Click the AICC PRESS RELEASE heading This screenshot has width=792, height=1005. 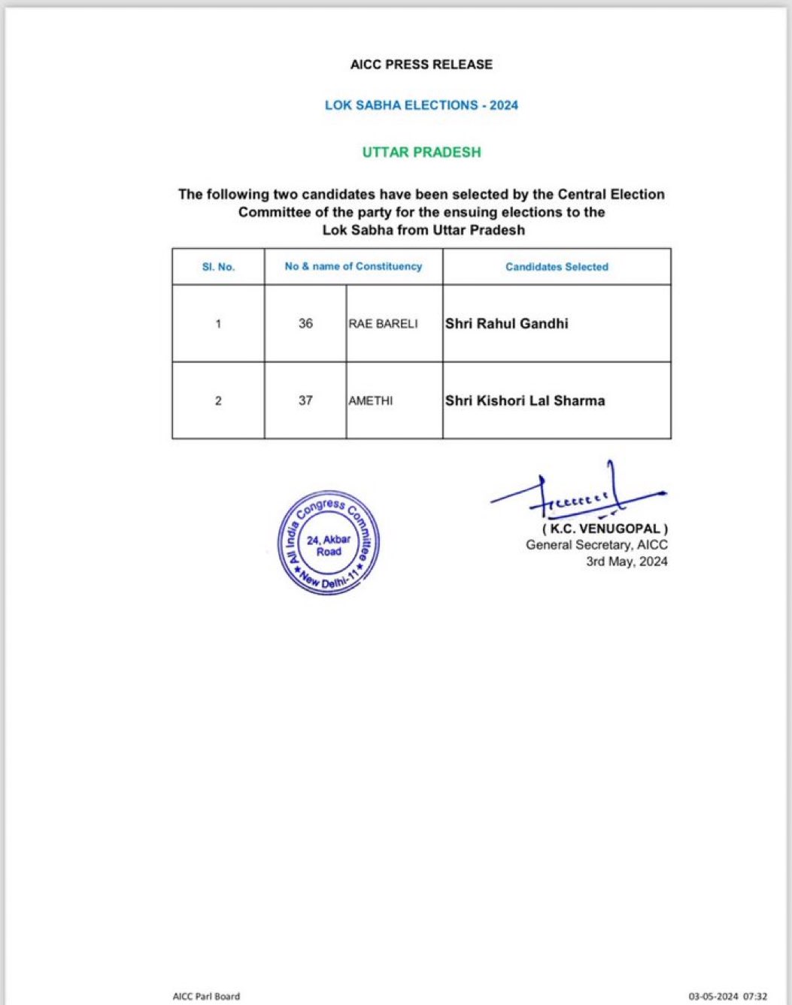coord(421,65)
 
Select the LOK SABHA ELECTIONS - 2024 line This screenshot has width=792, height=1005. coord(421,105)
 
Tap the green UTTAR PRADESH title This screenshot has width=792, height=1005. coord(421,152)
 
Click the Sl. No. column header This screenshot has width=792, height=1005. coord(218,267)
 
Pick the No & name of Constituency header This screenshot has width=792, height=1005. coord(354,266)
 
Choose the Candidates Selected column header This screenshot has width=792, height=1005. coord(557,267)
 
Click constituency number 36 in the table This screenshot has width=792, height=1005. coord(305,324)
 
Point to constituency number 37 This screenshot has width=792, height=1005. coord(305,401)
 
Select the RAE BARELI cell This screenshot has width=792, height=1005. coord(383,324)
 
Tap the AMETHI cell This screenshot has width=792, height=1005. coord(370,401)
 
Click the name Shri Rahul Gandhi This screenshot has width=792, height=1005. coord(507,324)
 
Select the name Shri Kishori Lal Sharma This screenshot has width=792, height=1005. coord(525,401)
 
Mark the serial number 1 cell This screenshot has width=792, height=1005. coord(218,324)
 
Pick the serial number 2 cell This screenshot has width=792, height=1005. coord(218,401)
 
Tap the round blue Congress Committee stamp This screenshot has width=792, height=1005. coord(329,543)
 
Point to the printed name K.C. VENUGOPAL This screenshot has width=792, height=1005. coord(605,529)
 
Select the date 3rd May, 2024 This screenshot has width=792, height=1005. coord(627,562)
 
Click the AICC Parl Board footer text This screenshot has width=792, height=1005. coord(206,996)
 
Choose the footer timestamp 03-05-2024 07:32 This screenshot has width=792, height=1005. coord(727,996)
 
